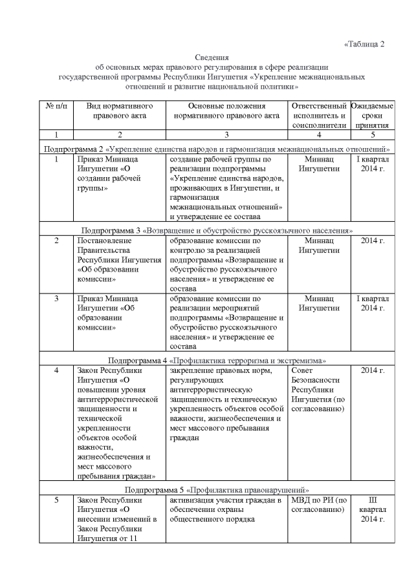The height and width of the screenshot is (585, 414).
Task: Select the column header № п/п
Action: pyautogui.click(x=57, y=105)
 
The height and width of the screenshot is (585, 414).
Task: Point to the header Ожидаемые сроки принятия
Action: pyautogui.click(x=372, y=115)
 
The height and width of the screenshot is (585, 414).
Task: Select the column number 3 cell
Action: pyautogui.click(x=226, y=134)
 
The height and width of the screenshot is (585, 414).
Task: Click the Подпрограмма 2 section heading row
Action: pyautogui.click(x=217, y=149)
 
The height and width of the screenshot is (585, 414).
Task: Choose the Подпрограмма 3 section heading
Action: pyautogui.click(x=217, y=229)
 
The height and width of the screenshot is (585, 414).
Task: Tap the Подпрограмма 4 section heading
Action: pyautogui.click(x=217, y=359)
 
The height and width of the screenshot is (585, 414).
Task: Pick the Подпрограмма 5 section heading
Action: pyautogui.click(x=217, y=489)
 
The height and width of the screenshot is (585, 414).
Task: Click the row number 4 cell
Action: pyautogui.click(x=57, y=370)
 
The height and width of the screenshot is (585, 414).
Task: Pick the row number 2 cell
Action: pyautogui.click(x=57, y=240)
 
